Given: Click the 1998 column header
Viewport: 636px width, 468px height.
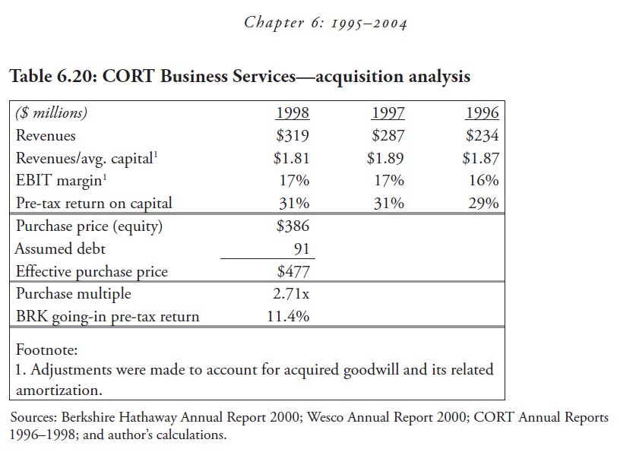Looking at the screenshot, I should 292,113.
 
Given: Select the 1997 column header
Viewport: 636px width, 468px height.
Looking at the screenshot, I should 388,113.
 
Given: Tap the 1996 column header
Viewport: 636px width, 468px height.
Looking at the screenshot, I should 482,113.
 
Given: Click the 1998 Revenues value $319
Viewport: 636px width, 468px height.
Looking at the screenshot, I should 292,136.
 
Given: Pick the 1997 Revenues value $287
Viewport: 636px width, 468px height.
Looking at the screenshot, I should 388,136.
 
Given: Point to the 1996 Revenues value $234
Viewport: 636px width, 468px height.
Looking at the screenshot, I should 482,136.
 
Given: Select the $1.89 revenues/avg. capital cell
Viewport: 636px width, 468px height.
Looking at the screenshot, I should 385,158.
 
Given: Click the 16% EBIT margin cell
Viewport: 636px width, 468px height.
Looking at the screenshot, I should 484,181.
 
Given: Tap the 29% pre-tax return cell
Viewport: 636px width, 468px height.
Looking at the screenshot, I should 484,203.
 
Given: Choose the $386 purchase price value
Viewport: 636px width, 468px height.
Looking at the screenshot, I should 292,226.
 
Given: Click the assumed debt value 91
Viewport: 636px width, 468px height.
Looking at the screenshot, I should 300,248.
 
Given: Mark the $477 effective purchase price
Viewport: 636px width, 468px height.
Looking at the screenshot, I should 292,271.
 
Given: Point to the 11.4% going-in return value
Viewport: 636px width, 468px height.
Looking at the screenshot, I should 288,316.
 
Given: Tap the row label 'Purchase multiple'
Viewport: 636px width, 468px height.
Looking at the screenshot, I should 73,293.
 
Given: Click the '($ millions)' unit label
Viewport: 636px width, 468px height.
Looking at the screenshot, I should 52,113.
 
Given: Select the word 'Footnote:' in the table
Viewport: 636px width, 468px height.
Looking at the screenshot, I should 46,351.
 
